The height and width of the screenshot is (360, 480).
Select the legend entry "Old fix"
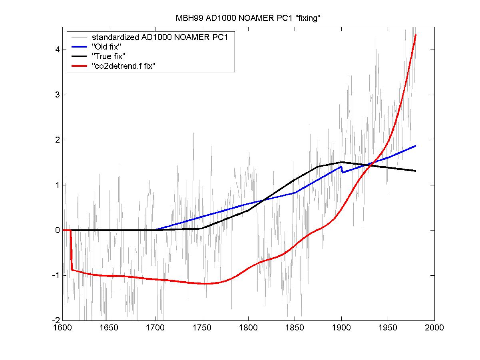(x=107, y=47)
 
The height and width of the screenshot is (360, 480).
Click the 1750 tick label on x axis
(x=202, y=328)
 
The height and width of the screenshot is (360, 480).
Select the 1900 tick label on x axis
(x=341, y=328)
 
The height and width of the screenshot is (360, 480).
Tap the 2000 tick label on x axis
(x=434, y=328)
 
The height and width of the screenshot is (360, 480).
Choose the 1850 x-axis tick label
(x=295, y=328)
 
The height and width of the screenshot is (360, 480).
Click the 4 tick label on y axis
(x=58, y=50)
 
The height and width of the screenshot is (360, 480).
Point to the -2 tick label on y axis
(x=56, y=320)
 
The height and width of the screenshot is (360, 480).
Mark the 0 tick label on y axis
(x=58, y=230)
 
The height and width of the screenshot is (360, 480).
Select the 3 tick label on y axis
(x=58, y=95)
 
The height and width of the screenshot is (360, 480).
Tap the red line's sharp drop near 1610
(x=71, y=250)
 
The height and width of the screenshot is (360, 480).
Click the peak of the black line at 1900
(x=341, y=162)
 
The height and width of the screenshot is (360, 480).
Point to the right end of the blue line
(x=416, y=146)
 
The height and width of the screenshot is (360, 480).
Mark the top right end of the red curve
(x=416, y=35)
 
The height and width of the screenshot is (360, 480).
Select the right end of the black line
(x=416, y=171)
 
